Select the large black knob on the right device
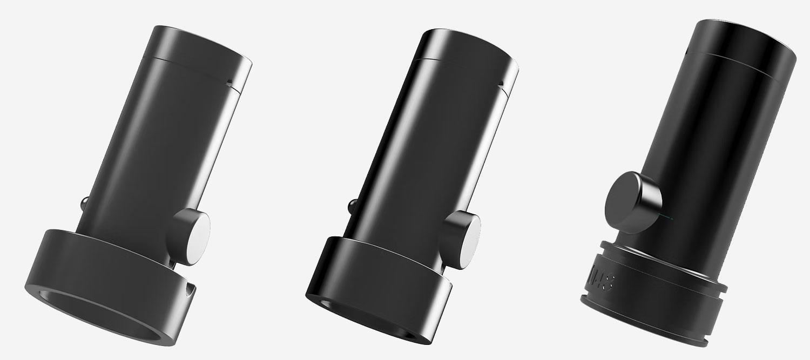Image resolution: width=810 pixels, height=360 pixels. click(x=632, y=199)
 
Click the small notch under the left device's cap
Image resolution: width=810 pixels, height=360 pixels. click(x=231, y=83)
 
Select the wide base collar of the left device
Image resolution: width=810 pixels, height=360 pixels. click(x=108, y=259)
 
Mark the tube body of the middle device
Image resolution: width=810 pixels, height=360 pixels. click(x=421, y=151)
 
